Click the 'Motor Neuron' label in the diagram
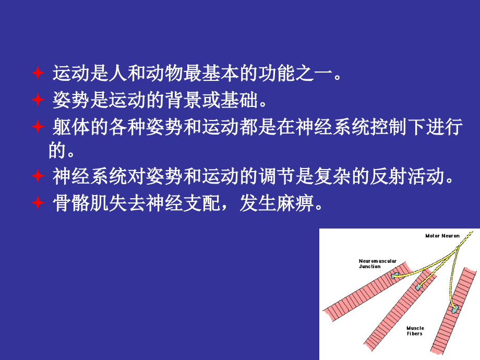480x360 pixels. pyautogui.click(x=442, y=236)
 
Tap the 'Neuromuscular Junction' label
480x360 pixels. pyautogui.click(x=377, y=263)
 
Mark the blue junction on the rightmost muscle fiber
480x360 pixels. pyautogui.click(x=456, y=308)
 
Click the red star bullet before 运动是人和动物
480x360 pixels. pyautogui.click(x=38, y=73)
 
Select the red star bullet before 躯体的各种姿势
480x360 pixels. pyautogui.click(x=38, y=126)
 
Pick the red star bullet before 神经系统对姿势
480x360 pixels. pyautogui.click(x=38, y=176)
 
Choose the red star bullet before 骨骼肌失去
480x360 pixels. pyautogui.click(x=38, y=202)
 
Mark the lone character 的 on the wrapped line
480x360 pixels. pyautogui.click(x=57, y=151)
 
